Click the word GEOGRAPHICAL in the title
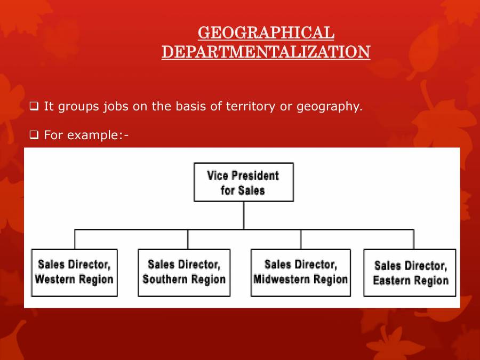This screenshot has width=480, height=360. [266, 33]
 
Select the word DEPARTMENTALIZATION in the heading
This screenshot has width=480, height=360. [266, 52]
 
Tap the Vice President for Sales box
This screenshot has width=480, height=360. [243, 182]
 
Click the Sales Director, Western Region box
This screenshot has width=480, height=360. [74, 272]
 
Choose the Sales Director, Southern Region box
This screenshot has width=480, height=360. [184, 272]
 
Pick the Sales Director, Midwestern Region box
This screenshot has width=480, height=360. [300, 272]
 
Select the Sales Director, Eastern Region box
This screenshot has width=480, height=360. [410, 273]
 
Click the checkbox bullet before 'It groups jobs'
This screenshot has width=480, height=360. [35, 107]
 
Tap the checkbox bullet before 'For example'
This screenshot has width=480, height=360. [35, 135]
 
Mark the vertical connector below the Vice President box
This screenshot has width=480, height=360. [244, 215]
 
